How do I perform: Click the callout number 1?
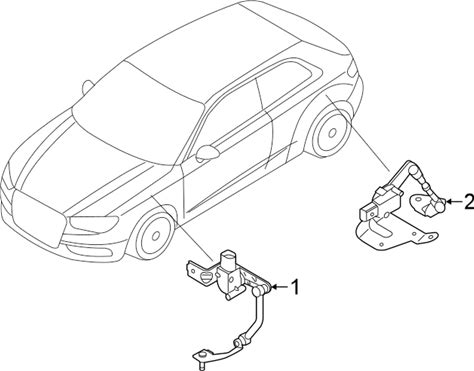tap(295, 287)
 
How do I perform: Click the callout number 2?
tap(469, 202)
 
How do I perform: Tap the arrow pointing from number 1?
tap(279, 287)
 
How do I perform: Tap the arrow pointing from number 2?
tap(454, 201)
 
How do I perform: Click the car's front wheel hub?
tap(155, 236)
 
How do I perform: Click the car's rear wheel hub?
tap(332, 133)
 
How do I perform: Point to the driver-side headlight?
tap(94, 223)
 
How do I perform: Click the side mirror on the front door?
tap(207, 153)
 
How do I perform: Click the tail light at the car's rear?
tap(352, 70)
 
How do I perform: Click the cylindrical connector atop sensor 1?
tap(228, 259)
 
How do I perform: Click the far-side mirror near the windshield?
tap(87, 86)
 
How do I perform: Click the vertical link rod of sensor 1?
tap(259, 312)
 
